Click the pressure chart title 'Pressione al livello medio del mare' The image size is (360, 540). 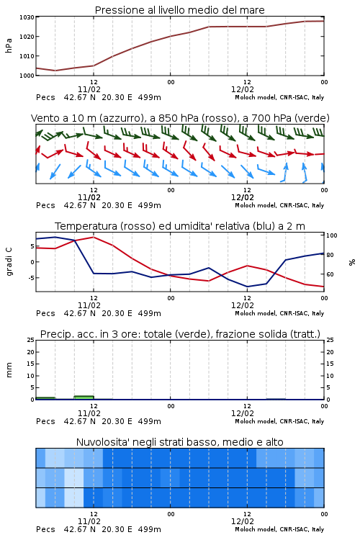pos(179,10)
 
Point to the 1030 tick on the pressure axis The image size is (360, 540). pos(27,17)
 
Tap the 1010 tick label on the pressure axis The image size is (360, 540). pos(27,55)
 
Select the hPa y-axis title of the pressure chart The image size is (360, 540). pos(9,45)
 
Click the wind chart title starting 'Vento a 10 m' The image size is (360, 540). pos(180,118)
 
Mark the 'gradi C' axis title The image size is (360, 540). pos(9,261)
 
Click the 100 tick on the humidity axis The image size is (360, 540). pos(332,235)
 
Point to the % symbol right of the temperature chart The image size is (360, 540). pos(352,262)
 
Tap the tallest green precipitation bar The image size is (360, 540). pos(84,397)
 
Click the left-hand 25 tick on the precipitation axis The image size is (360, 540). pos(31,340)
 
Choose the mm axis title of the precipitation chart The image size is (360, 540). pos(9,370)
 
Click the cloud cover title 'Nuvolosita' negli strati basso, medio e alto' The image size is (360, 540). pos(179,442)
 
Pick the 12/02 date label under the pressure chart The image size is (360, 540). pos(243,89)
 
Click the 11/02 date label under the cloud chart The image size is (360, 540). pos(89,521)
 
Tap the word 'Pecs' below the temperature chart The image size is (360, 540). pos(45,313)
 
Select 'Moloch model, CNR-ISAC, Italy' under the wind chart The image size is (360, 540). pos(279,205)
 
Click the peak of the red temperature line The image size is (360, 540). pos(94,237)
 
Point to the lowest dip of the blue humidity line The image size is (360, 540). pos(248,287)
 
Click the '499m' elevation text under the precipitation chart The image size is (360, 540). pos(150,421)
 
